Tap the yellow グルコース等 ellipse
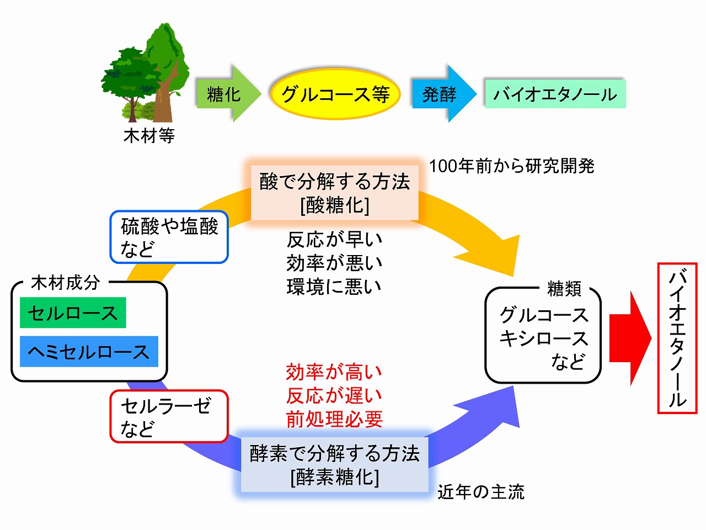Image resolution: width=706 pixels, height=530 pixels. pos(335,94)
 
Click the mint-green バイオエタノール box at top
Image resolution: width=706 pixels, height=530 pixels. pos(555,94)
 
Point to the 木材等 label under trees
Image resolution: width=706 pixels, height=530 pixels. pos(149,135)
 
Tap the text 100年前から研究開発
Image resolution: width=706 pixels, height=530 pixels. pos(511,166)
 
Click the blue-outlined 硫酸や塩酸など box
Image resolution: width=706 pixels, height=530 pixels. pos(169,237)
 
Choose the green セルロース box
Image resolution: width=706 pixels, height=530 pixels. pos(73,313)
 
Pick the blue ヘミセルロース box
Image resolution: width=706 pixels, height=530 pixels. pos(89,352)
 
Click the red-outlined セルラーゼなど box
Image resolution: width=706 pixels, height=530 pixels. pos(169,416)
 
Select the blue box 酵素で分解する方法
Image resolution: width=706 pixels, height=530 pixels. pos(335,464)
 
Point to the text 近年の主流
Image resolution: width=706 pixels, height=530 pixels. pos(480,491)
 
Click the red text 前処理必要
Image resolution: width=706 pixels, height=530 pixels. pos(334,419)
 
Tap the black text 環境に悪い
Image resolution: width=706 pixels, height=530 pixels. pos(334,287)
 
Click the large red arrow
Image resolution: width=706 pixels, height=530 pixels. pos(630,338)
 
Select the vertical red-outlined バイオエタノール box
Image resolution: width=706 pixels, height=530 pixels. pos(677,338)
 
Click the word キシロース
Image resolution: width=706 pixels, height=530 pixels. pos(544,338)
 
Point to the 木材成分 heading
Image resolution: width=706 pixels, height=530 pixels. pos(66,283)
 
